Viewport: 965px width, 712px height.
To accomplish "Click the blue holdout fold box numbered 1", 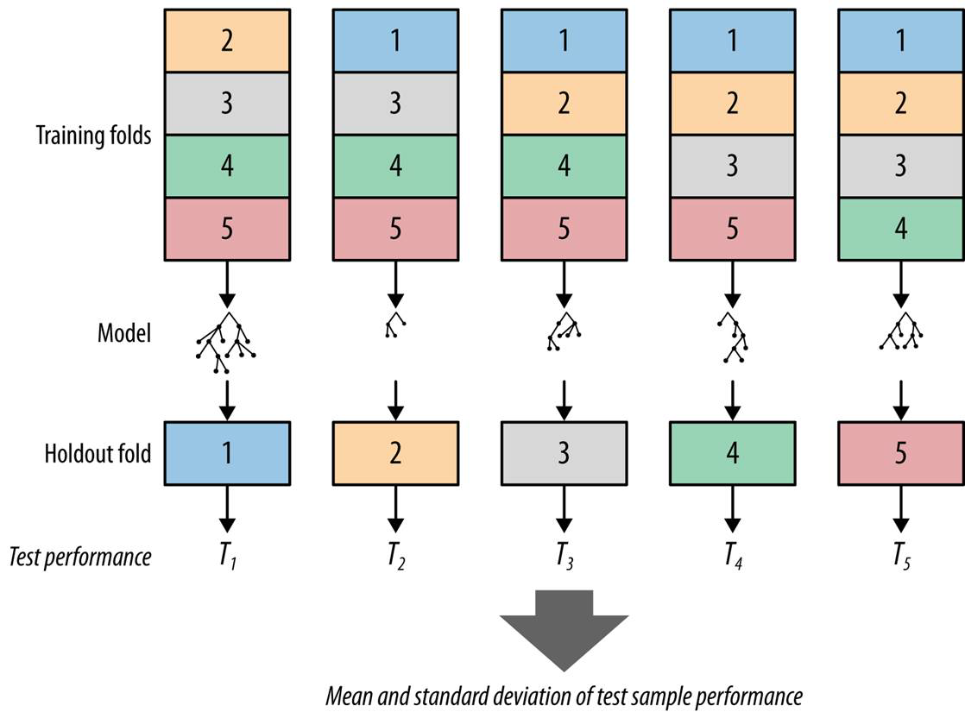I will pyautogui.click(x=226, y=453).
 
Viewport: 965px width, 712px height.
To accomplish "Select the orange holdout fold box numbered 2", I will pyautogui.click(x=395, y=453).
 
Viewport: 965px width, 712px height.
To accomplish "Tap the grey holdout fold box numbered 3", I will pyautogui.click(x=564, y=453).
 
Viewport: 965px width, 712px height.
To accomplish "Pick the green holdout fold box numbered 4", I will pyautogui.click(x=732, y=453).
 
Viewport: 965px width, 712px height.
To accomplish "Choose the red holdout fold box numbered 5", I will pyautogui.click(x=901, y=453).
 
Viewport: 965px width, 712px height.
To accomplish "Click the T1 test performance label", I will pyautogui.click(x=227, y=557).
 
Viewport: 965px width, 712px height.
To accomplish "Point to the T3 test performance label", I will pyautogui.click(x=564, y=557).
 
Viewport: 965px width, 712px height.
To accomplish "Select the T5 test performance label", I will pyautogui.click(x=901, y=557).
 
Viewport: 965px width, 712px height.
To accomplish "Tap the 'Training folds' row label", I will pyautogui.click(x=93, y=135).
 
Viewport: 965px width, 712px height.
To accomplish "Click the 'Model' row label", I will pyautogui.click(x=124, y=332).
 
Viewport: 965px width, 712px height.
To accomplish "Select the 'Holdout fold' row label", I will pyautogui.click(x=98, y=453).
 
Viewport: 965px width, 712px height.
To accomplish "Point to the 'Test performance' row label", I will pyautogui.click(x=80, y=557).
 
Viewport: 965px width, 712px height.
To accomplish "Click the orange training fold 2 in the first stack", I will pyautogui.click(x=226, y=41).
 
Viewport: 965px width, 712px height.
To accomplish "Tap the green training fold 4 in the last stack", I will pyautogui.click(x=901, y=230).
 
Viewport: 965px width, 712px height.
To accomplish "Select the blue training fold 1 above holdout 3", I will pyautogui.click(x=564, y=41).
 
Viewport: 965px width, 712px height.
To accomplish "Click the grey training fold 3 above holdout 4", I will pyautogui.click(x=732, y=166).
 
